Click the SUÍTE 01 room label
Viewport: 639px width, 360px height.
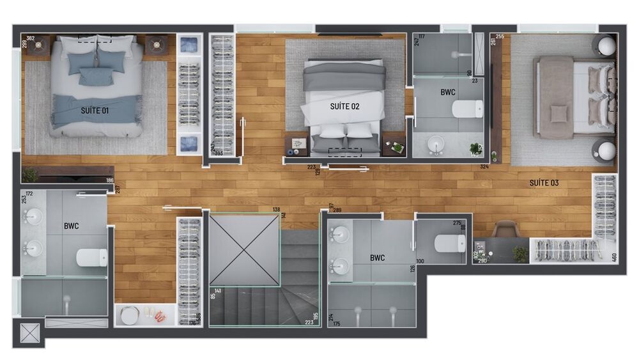point(95,111)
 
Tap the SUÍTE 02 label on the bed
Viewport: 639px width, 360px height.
point(344,106)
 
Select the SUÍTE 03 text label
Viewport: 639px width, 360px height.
point(544,183)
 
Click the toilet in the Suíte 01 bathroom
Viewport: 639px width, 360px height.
point(92,257)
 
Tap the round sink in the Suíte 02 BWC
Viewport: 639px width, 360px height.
point(438,144)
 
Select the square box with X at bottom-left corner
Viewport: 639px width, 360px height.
point(29,334)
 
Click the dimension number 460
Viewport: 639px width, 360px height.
point(614,258)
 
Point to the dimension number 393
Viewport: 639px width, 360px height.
point(219,154)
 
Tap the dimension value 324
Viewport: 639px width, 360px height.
point(484,167)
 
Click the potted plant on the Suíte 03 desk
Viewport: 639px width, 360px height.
point(520,254)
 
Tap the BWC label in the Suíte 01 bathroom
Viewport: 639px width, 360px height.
point(71,226)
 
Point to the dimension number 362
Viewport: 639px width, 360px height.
point(30,38)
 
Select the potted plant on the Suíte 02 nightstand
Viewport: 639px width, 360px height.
point(397,148)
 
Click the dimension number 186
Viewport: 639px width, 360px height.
point(109,181)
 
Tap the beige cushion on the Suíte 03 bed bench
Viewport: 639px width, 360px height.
point(558,113)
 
